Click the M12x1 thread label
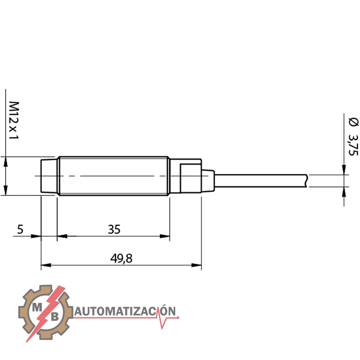tap(14, 120)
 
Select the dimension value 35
tap(114, 229)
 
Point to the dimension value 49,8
tap(121, 258)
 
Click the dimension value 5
tap(20, 229)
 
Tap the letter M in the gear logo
tap(37, 308)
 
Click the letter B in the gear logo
tap(55, 317)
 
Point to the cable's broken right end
tap(307, 181)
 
